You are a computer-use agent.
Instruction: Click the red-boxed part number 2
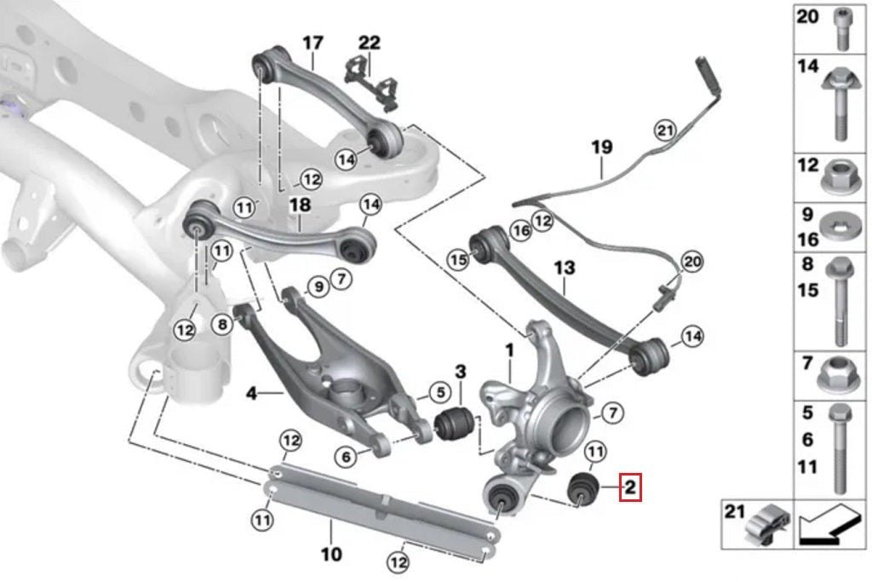(629, 487)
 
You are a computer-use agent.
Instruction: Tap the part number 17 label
(313, 42)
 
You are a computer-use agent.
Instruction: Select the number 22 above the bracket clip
(370, 43)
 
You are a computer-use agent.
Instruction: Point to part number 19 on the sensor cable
(602, 147)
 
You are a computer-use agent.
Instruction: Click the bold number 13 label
(565, 269)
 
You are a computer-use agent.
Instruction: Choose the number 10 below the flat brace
(331, 555)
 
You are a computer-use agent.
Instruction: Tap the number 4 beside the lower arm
(251, 394)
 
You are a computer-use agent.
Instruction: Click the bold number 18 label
(300, 205)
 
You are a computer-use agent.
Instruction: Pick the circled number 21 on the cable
(664, 130)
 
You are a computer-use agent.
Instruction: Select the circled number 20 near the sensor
(692, 262)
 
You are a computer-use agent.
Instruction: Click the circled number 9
(318, 287)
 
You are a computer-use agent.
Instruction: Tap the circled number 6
(346, 458)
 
